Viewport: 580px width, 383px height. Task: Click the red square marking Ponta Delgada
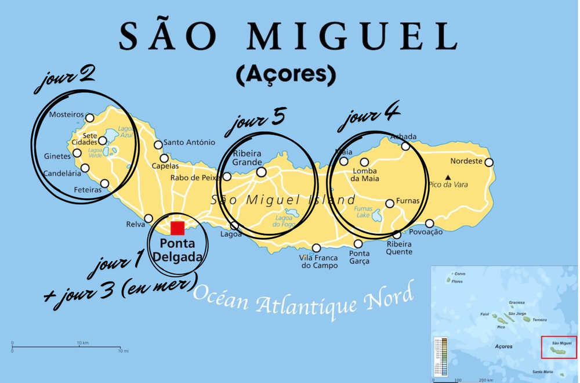click(177, 228)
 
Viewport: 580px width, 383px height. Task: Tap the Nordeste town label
click(466, 161)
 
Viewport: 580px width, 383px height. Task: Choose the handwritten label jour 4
click(369, 116)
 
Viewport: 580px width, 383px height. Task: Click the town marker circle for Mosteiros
click(90, 118)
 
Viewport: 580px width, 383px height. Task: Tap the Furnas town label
click(407, 201)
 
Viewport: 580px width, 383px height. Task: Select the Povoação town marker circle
click(430, 223)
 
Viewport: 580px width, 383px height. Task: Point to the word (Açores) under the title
click(286, 74)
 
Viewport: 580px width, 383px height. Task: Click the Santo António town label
click(189, 142)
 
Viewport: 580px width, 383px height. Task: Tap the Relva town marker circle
click(148, 219)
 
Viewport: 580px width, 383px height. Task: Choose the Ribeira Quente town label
click(400, 248)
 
